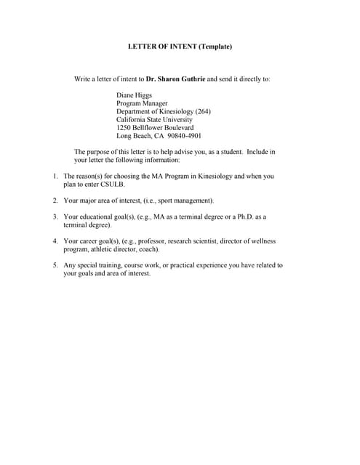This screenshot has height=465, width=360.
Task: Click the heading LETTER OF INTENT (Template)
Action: tap(180, 47)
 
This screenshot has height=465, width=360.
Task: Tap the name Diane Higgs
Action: tap(135, 95)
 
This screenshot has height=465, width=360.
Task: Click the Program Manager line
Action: tap(141, 103)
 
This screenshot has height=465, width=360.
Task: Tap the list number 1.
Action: tap(55, 177)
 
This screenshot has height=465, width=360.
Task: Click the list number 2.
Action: tap(55, 200)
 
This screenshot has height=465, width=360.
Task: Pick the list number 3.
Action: tap(55, 217)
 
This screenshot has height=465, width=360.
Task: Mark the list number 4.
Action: tap(55, 241)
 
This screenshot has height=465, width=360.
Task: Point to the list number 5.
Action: tap(55, 265)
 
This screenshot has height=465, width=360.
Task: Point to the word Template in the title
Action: tap(215, 47)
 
